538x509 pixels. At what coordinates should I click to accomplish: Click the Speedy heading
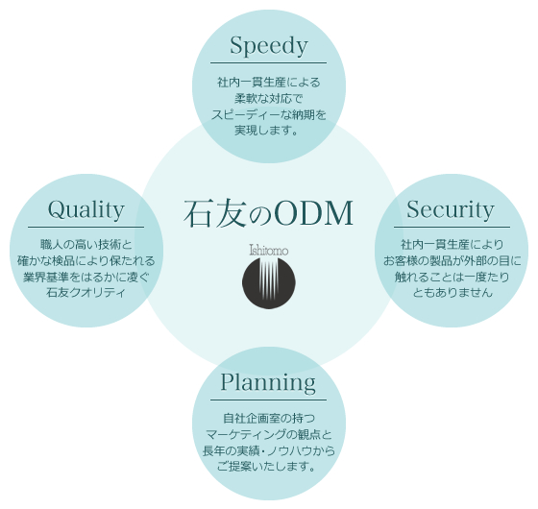(x=269, y=45)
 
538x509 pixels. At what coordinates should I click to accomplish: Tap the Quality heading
(x=86, y=209)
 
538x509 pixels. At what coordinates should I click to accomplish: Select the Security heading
(x=451, y=209)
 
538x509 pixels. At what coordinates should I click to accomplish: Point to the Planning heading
(x=268, y=382)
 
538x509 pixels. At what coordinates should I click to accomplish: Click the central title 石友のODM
(x=268, y=213)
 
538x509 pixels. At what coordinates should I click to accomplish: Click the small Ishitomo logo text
(x=269, y=250)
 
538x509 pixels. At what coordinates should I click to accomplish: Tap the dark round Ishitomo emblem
(x=269, y=282)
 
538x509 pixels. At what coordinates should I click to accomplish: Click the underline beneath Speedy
(x=268, y=62)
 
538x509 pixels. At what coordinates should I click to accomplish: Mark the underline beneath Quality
(x=86, y=227)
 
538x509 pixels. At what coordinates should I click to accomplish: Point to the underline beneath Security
(x=452, y=227)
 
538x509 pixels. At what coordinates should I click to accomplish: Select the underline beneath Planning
(x=268, y=400)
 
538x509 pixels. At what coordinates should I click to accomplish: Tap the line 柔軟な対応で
(x=269, y=98)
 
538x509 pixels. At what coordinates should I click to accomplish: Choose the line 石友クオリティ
(x=86, y=293)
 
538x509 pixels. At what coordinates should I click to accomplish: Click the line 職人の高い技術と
(x=86, y=245)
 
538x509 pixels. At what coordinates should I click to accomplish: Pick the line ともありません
(x=452, y=293)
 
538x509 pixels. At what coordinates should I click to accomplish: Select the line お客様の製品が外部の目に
(x=452, y=260)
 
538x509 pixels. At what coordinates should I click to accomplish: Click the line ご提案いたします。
(x=266, y=467)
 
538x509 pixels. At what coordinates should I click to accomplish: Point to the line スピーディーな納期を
(x=269, y=114)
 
